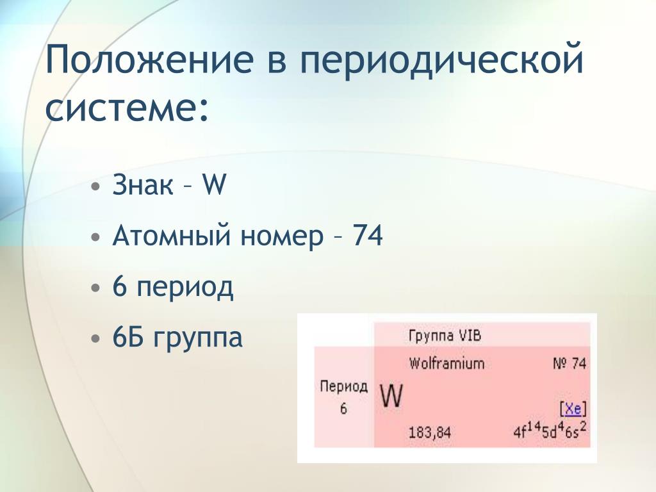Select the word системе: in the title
[x=127, y=106]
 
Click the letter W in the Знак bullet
[x=214, y=184]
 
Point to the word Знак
[x=143, y=184]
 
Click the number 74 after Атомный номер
[x=368, y=236]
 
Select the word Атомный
[x=172, y=236]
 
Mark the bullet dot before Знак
[x=96, y=186]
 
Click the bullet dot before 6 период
[x=96, y=288]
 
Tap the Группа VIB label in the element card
[x=445, y=336]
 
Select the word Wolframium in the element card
[x=447, y=363]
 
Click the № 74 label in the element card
[x=570, y=363]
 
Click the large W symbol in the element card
[x=391, y=396]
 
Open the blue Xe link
[x=573, y=408]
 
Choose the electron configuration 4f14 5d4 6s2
[x=550, y=430]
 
